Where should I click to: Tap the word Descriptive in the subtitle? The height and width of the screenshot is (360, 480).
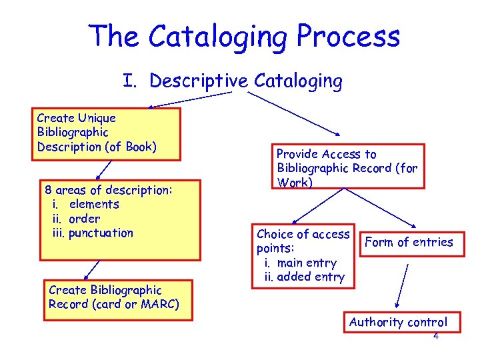pyautogui.click(x=199, y=81)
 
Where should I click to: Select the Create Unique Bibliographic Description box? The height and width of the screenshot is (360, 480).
pyautogui.click(x=97, y=133)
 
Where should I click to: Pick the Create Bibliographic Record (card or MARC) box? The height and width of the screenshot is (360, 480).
pyautogui.click(x=118, y=297)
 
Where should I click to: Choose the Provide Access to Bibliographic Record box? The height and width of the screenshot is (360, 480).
pyautogui.click(x=347, y=167)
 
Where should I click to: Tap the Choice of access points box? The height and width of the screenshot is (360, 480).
pyautogui.click(x=303, y=256)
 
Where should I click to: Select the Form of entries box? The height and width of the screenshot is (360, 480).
pyautogui.click(x=408, y=242)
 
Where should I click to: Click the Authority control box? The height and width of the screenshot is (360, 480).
pyautogui.click(x=397, y=322)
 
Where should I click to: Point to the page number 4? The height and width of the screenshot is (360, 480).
pyautogui.click(x=436, y=336)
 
